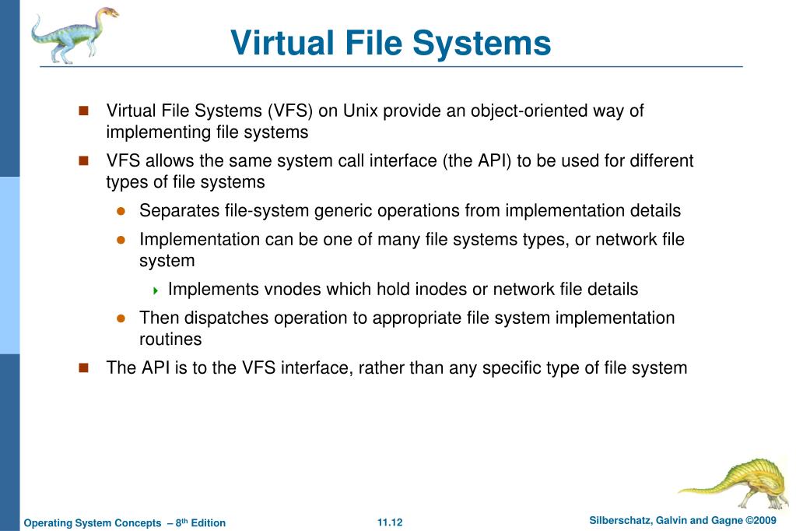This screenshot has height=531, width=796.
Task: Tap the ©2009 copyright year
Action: click(760, 520)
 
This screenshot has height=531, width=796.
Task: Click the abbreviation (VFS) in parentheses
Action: click(293, 111)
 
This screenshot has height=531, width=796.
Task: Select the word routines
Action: click(170, 339)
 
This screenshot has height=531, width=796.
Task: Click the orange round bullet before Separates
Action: click(121, 211)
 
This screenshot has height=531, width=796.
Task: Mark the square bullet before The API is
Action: click(84, 367)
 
